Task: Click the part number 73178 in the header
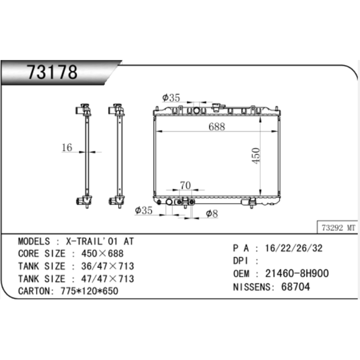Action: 52,72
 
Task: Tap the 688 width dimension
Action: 217,127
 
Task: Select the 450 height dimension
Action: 256,156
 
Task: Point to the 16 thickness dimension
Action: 67,147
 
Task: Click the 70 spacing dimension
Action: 185,185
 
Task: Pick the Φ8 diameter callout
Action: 212,214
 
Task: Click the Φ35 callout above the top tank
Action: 171,98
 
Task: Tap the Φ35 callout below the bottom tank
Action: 144,210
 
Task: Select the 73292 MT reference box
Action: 338,228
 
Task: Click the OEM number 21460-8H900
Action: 297,274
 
